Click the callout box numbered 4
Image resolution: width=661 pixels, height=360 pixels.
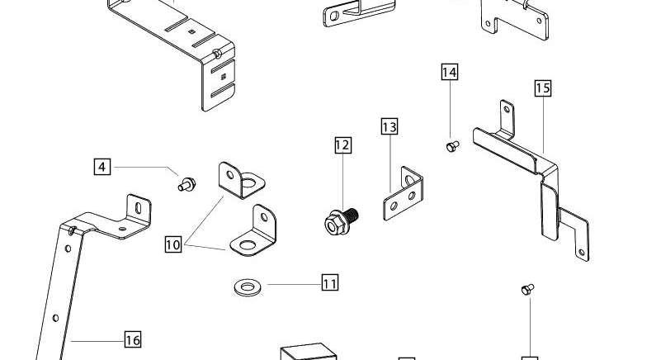pos(102,167)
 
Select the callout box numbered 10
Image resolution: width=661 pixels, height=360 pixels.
pos(172,244)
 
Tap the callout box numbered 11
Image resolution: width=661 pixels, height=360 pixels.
pos(329,282)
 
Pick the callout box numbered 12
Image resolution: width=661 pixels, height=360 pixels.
pos(342,145)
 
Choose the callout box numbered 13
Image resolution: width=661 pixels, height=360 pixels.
pos(390,126)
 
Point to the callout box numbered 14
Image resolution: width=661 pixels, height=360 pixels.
pos(450,72)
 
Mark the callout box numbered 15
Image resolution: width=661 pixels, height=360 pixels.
pos(543,88)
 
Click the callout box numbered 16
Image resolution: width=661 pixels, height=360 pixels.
pos(133,339)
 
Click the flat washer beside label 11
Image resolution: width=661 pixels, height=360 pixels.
pos(248,287)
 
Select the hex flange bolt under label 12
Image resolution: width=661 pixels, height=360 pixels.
pos(341,221)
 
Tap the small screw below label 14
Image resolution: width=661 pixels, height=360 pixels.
pos(452,146)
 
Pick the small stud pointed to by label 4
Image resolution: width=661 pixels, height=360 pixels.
pos(186,184)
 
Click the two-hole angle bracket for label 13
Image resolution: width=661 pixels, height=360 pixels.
pos(403,194)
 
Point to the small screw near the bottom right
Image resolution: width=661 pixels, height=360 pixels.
pos(527,290)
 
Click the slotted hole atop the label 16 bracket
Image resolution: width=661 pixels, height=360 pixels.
pos(139,207)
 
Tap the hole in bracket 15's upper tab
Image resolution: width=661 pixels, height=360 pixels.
pos(507,109)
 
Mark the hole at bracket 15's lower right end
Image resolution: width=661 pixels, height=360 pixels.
pos(582,253)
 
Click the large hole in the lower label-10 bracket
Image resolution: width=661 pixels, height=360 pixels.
pos(248,245)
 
